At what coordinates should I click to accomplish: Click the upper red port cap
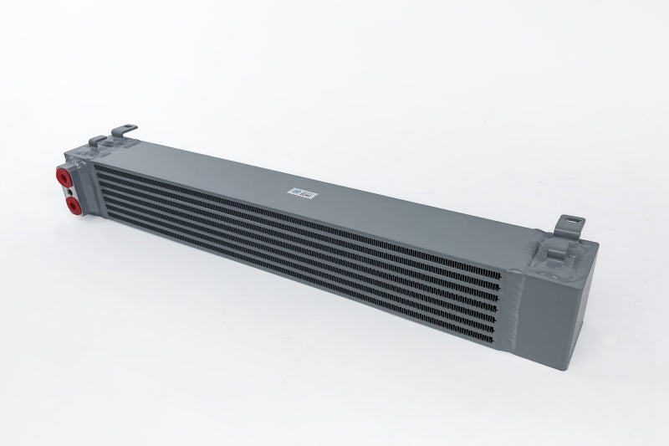(x=64, y=177)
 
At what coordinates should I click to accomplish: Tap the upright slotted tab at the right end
(x=574, y=225)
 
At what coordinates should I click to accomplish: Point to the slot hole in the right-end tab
(x=575, y=222)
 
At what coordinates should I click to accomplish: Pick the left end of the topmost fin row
(x=99, y=167)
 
